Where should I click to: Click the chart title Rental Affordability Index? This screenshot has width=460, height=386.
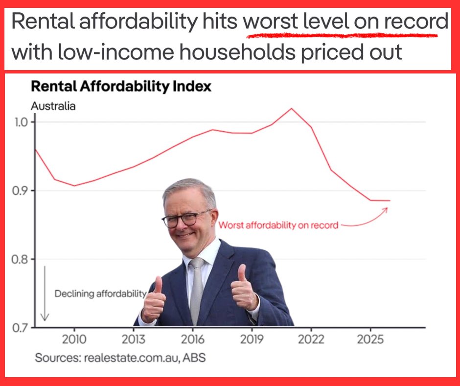121,87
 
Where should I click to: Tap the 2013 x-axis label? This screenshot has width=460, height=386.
134,339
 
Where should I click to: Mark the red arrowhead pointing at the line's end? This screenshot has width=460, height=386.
385,209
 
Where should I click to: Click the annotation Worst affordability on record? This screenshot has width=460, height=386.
278,225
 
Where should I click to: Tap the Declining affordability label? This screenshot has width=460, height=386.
100,294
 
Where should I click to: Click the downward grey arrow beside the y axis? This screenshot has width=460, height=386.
45,294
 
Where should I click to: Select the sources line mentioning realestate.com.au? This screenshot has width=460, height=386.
120,358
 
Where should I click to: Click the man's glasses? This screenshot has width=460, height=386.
187,218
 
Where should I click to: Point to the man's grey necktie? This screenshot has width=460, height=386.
197,289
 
